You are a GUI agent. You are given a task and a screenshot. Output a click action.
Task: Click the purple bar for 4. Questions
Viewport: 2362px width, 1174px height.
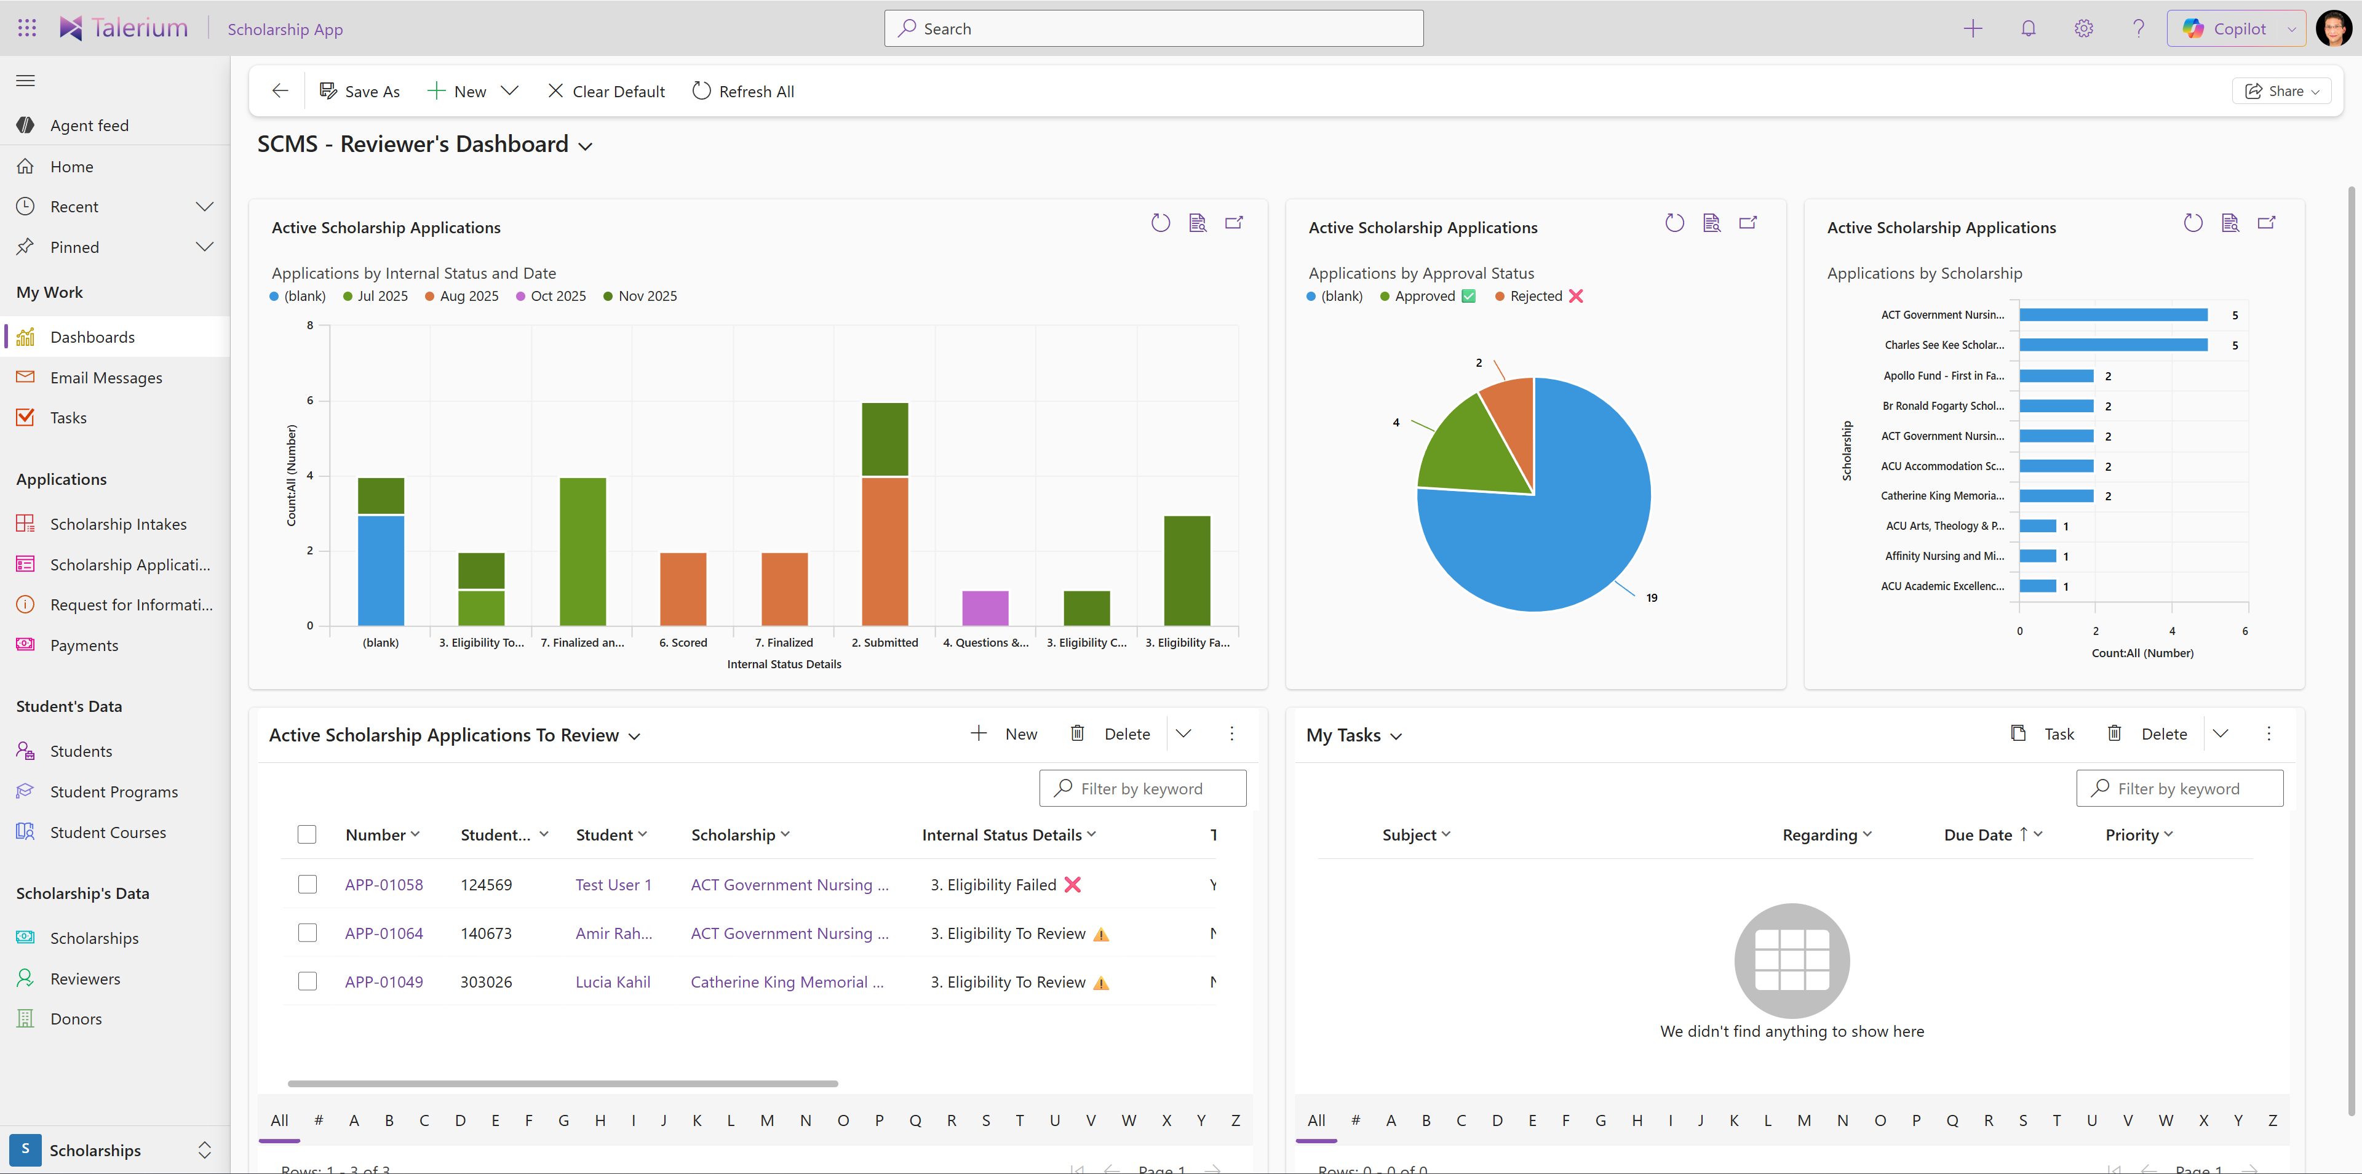pyautogui.click(x=985, y=608)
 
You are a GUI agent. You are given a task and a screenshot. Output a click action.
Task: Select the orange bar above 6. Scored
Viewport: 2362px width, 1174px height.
pyautogui.click(x=683, y=589)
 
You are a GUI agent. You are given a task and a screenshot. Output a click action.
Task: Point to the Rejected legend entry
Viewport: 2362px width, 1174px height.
pyautogui.click(x=1536, y=296)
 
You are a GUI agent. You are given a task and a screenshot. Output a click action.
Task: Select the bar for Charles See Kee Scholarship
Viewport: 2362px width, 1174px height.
pyautogui.click(x=2113, y=345)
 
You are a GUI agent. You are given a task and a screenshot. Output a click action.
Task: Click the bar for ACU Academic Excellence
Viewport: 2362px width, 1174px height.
pyautogui.click(x=2037, y=586)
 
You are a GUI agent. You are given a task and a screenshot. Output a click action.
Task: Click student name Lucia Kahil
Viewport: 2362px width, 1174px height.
pyautogui.click(x=613, y=982)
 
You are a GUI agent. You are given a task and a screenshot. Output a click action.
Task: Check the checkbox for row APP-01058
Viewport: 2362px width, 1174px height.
pyautogui.click(x=307, y=885)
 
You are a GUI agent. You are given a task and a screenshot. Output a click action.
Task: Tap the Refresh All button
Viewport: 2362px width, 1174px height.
pyautogui.click(x=744, y=92)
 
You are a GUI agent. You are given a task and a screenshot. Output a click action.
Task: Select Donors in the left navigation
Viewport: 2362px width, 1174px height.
pyautogui.click(x=76, y=1019)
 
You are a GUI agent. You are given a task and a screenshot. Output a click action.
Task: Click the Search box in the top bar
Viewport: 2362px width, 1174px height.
pyautogui.click(x=1153, y=28)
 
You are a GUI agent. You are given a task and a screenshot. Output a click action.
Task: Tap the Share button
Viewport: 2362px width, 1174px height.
pyautogui.click(x=2281, y=92)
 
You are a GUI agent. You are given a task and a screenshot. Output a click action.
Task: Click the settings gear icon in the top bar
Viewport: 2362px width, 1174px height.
pyautogui.click(x=2083, y=28)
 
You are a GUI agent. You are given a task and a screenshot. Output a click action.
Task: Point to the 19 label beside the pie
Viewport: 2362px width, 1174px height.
pyautogui.click(x=1652, y=598)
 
